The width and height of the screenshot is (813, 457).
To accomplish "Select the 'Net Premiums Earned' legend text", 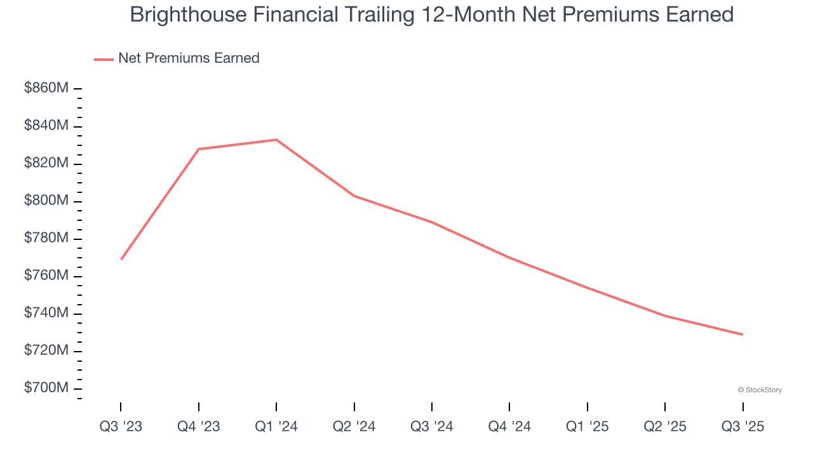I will pos(189,58).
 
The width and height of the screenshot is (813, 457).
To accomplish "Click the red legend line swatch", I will pos(104,59).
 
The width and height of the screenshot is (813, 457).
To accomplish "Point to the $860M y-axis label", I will pos(46,89).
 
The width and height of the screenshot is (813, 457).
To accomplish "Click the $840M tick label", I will pos(46,126).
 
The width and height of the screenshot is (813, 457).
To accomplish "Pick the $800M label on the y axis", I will pos(46,201).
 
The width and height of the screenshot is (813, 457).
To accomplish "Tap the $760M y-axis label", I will pos(46,276).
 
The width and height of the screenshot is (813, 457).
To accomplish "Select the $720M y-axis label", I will pos(46,351).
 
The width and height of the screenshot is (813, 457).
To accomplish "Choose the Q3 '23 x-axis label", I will pos(121,427).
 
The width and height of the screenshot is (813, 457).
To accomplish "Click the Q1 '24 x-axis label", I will pos(276,427).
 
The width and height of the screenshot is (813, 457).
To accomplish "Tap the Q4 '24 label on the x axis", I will pos(509,427).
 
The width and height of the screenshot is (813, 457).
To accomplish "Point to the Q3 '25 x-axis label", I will pos(742,427).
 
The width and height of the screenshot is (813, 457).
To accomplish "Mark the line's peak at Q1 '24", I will pos(276,140).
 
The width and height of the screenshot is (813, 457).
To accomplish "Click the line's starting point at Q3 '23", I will pos(121,259).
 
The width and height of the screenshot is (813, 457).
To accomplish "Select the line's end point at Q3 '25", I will pos(742,334).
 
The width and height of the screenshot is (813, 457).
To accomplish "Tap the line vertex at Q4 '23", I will pos(199,149).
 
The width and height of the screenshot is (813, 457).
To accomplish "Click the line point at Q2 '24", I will pos(354,195).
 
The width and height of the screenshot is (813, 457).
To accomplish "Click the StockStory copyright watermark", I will pos(760,390).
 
